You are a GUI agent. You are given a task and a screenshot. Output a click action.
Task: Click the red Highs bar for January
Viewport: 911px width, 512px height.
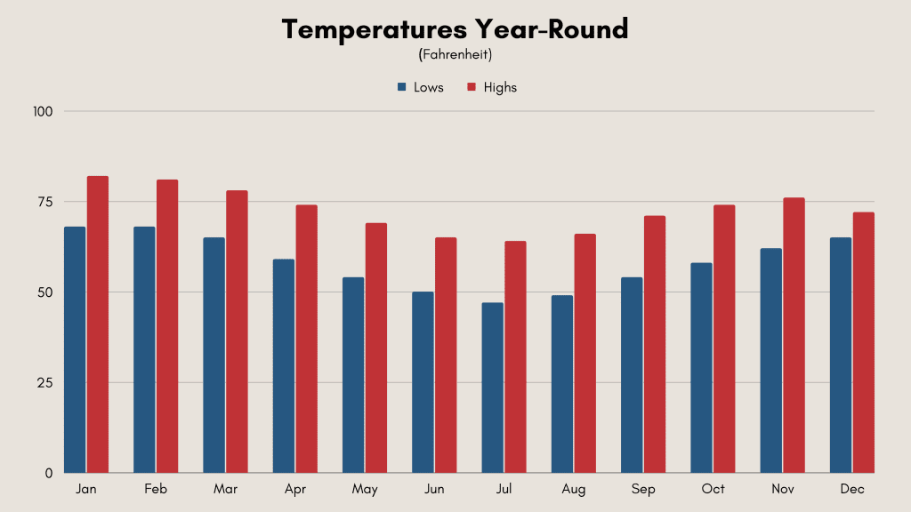98,324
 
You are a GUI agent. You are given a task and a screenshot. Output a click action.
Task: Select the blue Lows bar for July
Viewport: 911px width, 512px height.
493,388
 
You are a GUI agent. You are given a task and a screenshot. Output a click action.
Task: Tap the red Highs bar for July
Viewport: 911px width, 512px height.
515,357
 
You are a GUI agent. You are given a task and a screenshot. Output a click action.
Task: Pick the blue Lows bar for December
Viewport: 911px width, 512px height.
841,356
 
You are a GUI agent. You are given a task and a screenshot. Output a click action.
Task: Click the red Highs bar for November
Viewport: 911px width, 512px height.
794,335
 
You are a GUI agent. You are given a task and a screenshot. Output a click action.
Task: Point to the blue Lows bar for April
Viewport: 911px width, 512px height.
284,366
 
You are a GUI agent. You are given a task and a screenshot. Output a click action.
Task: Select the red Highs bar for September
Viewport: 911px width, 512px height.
655,344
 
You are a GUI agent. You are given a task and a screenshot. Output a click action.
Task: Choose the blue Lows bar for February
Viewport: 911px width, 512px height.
144,350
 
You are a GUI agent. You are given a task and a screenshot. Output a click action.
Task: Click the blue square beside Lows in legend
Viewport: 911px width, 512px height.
401,87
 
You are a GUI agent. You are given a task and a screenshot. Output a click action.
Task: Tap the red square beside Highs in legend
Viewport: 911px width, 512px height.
472,87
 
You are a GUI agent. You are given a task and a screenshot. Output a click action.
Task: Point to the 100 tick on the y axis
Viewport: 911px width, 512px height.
43,111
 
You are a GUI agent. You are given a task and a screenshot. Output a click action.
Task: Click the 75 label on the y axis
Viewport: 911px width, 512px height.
45,202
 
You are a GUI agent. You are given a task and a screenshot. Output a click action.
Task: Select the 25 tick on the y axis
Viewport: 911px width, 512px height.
45,383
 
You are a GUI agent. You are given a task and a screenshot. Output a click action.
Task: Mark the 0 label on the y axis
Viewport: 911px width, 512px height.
49,474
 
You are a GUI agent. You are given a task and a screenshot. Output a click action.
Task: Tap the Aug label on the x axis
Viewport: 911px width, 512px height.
574,490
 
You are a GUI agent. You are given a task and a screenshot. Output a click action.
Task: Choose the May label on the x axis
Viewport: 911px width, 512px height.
365,490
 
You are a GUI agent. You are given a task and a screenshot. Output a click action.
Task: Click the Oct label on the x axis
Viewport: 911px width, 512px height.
713,489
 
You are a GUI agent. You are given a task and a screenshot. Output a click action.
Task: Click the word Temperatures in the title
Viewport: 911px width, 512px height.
375,29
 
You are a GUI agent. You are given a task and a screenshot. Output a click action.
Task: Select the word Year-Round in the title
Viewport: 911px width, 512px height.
552,29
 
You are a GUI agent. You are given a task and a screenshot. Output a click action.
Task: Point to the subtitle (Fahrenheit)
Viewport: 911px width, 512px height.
455,54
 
